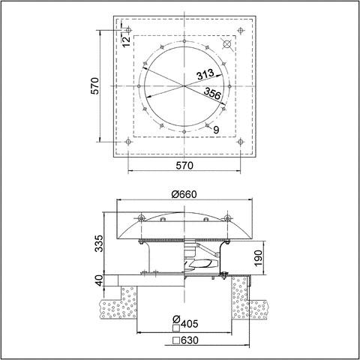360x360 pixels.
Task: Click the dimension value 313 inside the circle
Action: pyautogui.click(x=207, y=75)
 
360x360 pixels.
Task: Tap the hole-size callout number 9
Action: pyautogui.click(x=216, y=130)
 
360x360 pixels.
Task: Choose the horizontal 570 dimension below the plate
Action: pyautogui.click(x=185, y=165)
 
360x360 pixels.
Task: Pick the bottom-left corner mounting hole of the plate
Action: pyautogui.click(x=129, y=142)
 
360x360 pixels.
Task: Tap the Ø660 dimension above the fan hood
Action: pyautogui.click(x=184, y=194)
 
